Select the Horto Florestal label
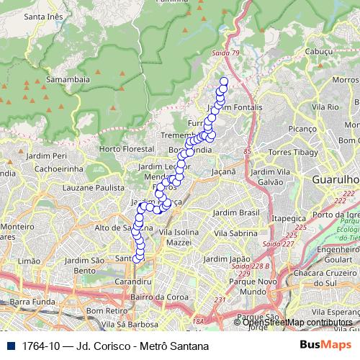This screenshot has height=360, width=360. (123, 149)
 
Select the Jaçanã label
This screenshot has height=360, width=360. (224, 172)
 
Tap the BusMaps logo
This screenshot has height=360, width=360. (324, 345)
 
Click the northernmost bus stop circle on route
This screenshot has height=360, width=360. (223, 81)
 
